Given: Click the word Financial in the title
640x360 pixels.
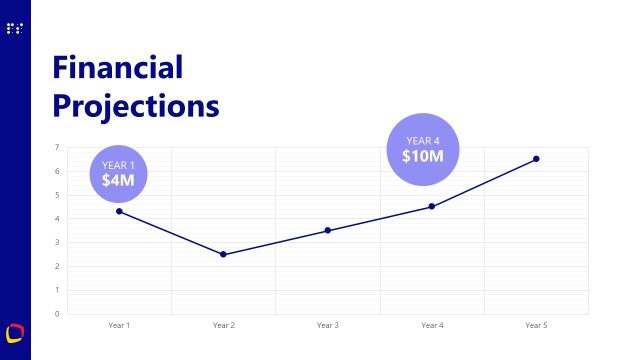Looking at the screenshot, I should point(118,68).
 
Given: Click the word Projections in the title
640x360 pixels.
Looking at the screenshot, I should point(135,105).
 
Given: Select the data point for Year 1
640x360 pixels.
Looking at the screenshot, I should point(119,211).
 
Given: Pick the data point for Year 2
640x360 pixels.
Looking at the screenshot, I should point(223,254).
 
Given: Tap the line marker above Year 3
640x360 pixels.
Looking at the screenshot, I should point(327,231).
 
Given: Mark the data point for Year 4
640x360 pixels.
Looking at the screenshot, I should point(431,206).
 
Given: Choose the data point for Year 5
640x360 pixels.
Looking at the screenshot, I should point(536,159).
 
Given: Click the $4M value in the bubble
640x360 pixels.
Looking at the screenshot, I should point(118,180).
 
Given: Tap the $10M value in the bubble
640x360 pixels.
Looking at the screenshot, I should point(423,156).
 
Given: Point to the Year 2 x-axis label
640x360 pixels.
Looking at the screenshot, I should point(223,325).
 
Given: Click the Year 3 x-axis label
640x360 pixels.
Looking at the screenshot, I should point(327,325).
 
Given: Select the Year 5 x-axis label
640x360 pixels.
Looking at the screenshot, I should point(536,325).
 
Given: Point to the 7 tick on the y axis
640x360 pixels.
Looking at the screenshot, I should point(57,148).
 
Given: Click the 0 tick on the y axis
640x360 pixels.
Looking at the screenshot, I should point(57,314).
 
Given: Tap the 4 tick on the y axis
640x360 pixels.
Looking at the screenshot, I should point(57,219).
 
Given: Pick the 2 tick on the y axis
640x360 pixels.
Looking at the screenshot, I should point(57,266).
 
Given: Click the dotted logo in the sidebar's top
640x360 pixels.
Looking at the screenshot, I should point(15,29).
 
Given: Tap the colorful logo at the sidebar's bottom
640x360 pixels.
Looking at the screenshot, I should point(15,332).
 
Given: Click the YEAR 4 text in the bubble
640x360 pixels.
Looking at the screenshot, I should point(423,140).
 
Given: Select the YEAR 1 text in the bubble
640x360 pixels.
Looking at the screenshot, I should point(118,164).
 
